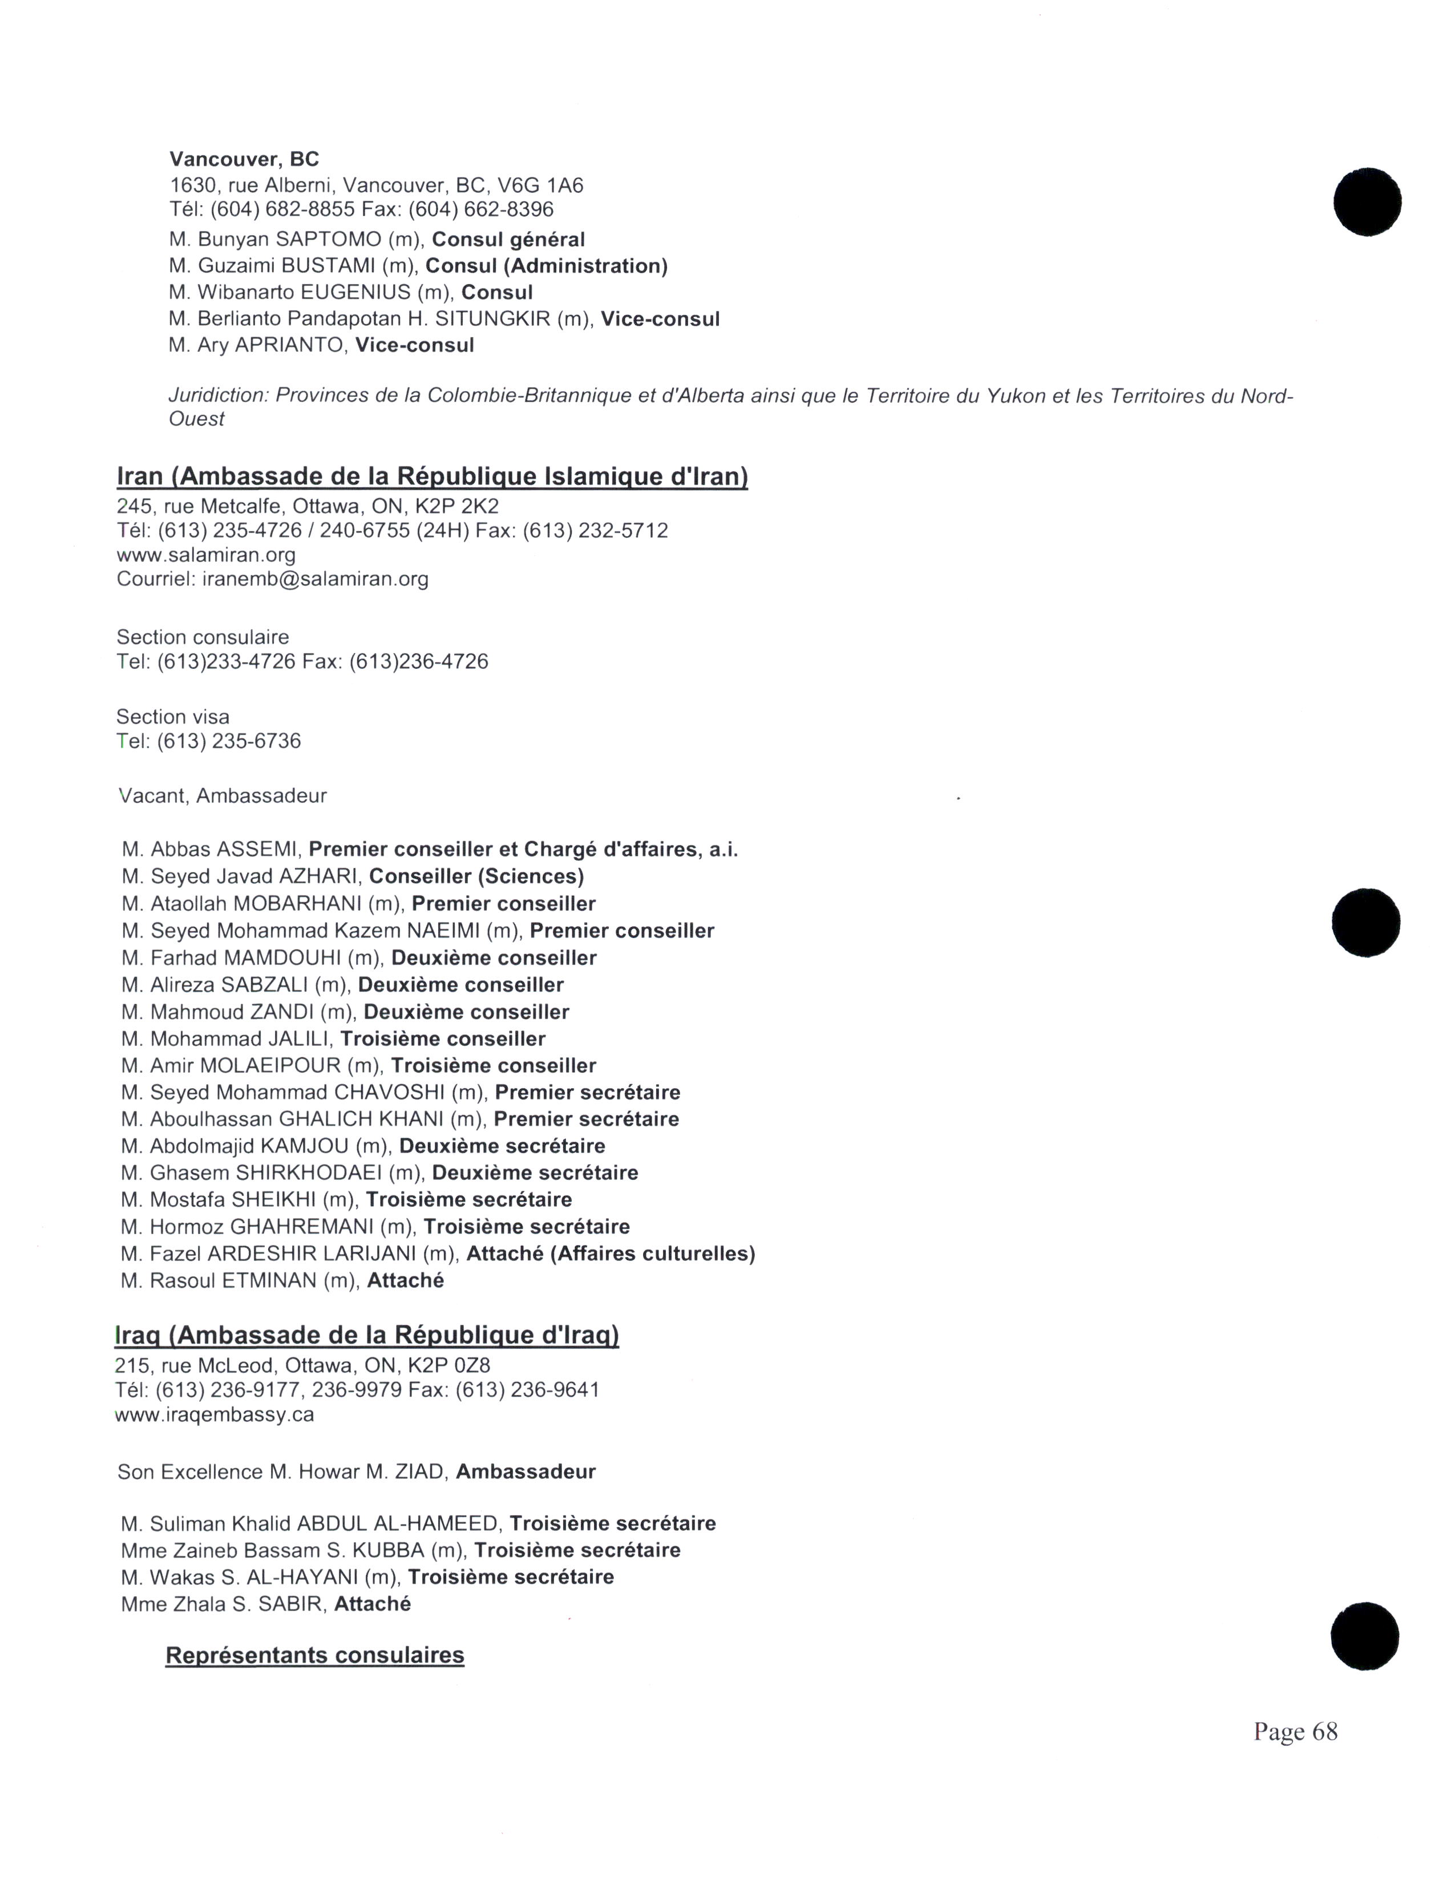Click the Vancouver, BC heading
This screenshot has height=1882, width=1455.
pyautogui.click(x=244, y=160)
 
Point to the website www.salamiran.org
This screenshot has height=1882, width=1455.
pyautogui.click(x=206, y=555)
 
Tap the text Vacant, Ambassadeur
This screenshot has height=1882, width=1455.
pyautogui.click(x=223, y=796)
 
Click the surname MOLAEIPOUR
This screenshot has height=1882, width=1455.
pyautogui.click(x=270, y=1066)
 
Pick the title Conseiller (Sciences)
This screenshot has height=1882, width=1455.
pyautogui.click(x=476, y=877)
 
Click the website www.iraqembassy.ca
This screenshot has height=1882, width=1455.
pyautogui.click(x=214, y=1415)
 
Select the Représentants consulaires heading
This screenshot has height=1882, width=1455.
pyautogui.click(x=314, y=1656)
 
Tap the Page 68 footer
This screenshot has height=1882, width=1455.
pyautogui.click(x=1295, y=1731)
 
